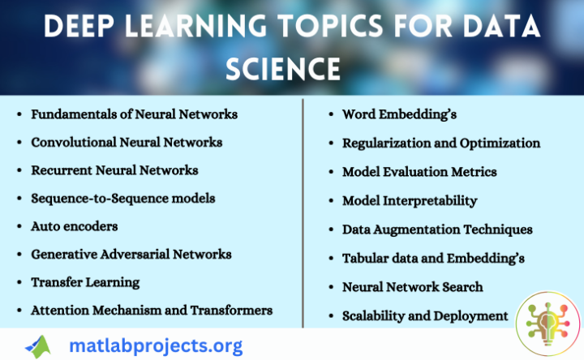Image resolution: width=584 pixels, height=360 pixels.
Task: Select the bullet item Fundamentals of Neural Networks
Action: click(134, 114)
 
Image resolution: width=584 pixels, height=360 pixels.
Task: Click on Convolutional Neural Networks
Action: click(127, 143)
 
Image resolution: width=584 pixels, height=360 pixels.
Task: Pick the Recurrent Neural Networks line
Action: click(114, 170)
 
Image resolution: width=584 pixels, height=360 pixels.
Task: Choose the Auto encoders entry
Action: click(75, 226)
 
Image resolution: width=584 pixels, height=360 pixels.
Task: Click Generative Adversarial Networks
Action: click(131, 254)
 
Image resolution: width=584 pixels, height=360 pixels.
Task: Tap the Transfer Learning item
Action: click(85, 282)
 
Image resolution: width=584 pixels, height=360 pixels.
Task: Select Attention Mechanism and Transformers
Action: click(152, 310)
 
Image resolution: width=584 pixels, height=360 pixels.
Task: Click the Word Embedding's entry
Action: click(399, 114)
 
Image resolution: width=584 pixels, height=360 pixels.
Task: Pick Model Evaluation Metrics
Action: click(419, 172)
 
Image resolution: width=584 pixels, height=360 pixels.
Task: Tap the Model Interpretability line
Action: click(410, 200)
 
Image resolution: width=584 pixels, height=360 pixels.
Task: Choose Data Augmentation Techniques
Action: click(437, 229)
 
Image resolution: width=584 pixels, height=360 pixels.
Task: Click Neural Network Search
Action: click(413, 287)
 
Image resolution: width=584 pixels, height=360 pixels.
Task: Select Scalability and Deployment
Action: click(425, 315)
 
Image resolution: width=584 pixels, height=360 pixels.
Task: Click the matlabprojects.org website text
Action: click(156, 345)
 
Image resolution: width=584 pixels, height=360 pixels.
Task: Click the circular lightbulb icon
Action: click(548, 324)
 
